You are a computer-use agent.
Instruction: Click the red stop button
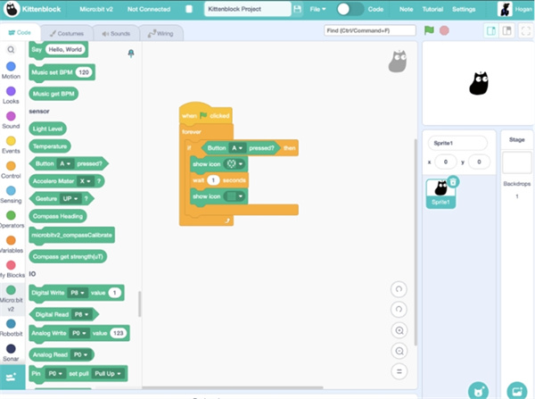444,30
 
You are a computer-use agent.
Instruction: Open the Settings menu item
464,8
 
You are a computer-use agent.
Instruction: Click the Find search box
369,30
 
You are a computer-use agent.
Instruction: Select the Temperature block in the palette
52,145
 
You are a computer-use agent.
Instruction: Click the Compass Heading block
58,215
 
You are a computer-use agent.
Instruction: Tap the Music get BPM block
53,93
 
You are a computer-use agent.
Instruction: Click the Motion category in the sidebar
11,70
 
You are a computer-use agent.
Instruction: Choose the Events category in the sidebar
11,145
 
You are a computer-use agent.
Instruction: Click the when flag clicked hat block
205,115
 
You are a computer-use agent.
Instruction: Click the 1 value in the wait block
214,180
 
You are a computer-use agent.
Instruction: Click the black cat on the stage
479,83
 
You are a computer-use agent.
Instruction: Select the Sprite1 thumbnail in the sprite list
441,191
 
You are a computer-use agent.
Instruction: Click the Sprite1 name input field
457,143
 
